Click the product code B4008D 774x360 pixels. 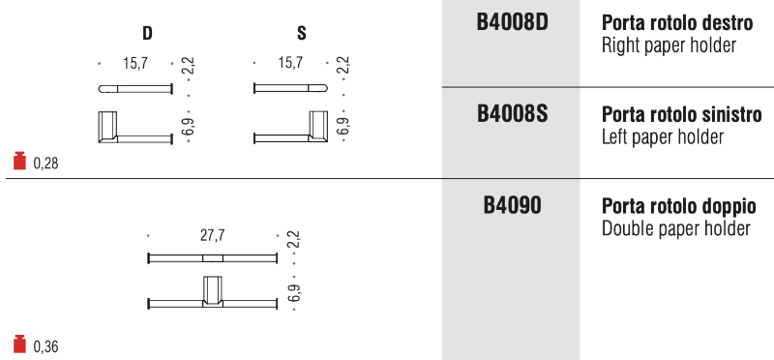(x=513, y=22)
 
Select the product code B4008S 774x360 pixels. (x=513, y=114)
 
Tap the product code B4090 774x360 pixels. (x=512, y=205)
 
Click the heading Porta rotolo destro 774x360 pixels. (x=677, y=22)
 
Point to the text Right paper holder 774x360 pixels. (x=669, y=45)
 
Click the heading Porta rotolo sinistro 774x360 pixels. (x=682, y=114)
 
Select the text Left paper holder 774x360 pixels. (x=663, y=136)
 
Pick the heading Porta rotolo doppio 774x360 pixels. (x=679, y=206)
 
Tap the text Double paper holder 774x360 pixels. (x=675, y=228)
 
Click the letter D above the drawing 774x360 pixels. (x=147, y=34)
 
